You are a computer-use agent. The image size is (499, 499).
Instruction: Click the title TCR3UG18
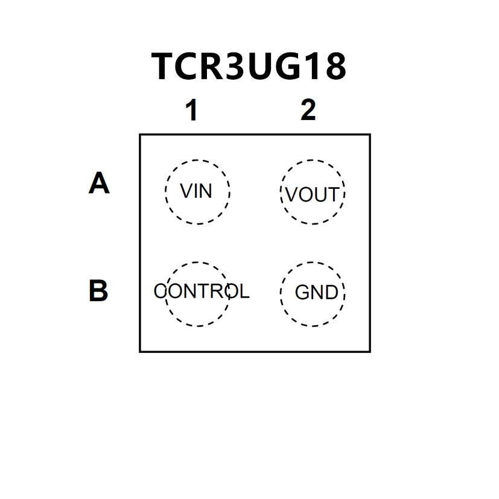249,66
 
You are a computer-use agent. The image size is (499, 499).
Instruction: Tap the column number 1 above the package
191,111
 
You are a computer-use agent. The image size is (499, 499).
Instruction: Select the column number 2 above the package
308,110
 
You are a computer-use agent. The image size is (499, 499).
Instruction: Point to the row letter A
99,183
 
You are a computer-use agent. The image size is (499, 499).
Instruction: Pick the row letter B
98,291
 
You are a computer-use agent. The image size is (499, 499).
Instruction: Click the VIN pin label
197,192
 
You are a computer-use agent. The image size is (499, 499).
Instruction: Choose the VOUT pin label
312,195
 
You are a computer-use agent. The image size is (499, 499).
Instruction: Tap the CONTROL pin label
201,292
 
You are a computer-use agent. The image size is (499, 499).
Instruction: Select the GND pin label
316,293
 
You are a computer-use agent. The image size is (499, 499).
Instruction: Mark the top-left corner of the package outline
140,135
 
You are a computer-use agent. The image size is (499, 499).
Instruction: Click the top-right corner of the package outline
369,135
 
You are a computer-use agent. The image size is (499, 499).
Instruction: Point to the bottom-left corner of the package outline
140,351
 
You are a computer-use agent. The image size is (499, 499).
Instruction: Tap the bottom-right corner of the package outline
369,351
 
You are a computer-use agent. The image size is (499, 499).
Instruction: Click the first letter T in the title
164,66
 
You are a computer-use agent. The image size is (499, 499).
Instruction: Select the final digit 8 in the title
334,66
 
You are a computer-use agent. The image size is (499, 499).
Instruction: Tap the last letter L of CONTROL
243,292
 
